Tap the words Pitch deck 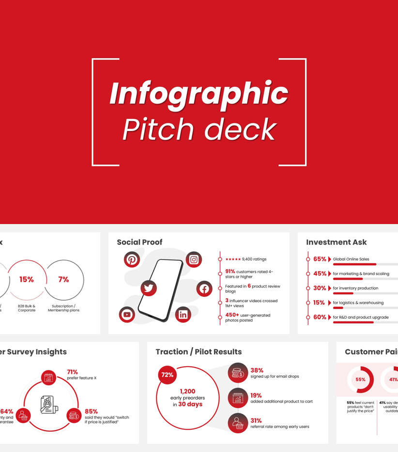199,129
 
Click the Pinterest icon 132,259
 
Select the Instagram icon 194,259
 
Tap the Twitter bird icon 149,288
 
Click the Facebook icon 204,289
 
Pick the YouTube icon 127,314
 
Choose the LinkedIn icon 183,314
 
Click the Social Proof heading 139,242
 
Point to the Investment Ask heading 336,242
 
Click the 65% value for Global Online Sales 320,259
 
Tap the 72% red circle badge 167,375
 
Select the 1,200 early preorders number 187,391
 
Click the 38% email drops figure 257,371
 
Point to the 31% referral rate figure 256,420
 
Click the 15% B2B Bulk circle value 27,279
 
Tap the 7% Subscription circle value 63,279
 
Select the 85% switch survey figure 91,411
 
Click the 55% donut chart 360,379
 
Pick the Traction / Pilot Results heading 199,352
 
